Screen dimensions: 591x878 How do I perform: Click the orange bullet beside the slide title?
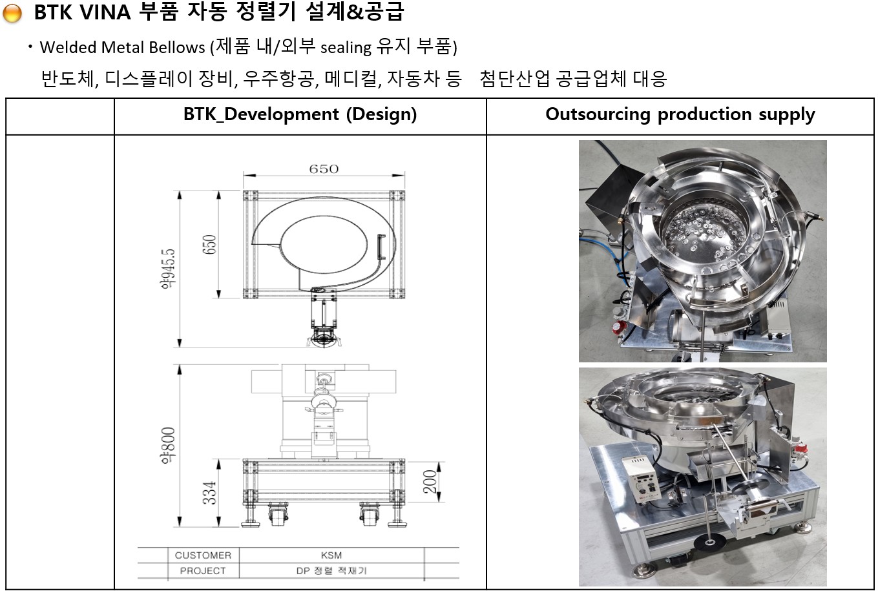(12, 13)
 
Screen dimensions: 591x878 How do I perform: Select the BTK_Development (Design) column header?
(300, 115)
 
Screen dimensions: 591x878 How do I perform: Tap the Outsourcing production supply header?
(680, 115)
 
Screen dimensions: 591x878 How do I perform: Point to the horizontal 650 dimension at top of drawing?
(324, 169)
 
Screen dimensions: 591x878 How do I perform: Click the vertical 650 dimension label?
(210, 244)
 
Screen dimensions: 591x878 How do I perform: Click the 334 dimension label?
(209, 493)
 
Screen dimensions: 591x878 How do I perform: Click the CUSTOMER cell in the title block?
(203, 555)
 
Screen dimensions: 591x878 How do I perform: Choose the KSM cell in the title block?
(331, 555)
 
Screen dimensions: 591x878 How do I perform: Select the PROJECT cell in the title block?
(203, 571)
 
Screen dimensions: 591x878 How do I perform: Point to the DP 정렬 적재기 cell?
(331, 571)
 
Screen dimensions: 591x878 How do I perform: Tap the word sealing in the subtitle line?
(346, 47)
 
